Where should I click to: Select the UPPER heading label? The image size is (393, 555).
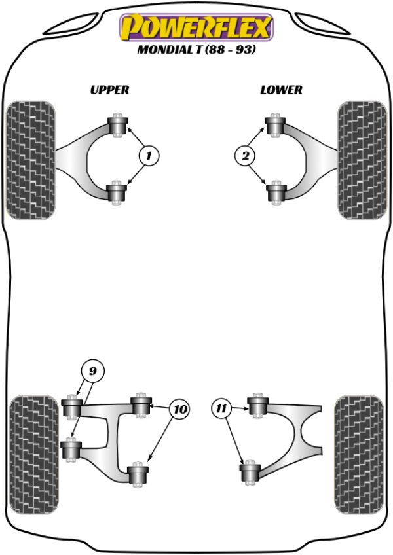pos(109,90)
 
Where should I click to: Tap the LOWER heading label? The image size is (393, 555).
pos(281,90)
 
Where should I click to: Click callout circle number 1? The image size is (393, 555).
pos(149,156)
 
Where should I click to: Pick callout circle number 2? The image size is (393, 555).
pos(245,156)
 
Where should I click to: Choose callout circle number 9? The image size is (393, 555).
pos(92,372)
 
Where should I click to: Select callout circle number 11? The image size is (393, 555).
pos(221,410)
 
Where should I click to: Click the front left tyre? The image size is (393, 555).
pos(30,159)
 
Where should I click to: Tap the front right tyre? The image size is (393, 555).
pos(361,159)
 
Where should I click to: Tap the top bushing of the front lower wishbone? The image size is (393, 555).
pos(274,125)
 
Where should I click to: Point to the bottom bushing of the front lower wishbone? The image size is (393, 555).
pos(275,192)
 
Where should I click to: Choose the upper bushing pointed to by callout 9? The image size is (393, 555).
pos(70,407)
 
